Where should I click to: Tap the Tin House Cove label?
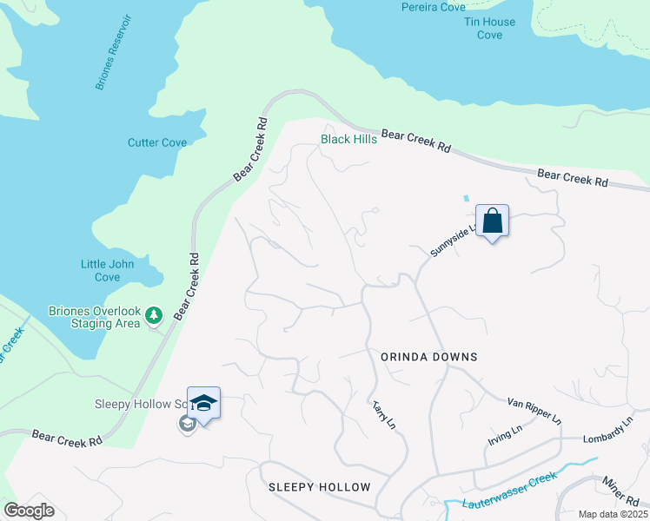(x=489, y=28)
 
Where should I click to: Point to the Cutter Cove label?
(x=157, y=142)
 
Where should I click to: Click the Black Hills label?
(x=348, y=139)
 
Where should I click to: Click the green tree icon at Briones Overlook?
(x=155, y=313)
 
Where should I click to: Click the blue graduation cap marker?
(x=203, y=404)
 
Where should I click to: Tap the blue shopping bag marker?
(x=492, y=221)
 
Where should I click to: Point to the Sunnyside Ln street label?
(x=454, y=241)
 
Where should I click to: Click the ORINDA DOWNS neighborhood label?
(x=428, y=357)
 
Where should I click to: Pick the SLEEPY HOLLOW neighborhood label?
(x=319, y=487)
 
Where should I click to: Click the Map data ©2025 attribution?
(x=613, y=514)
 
